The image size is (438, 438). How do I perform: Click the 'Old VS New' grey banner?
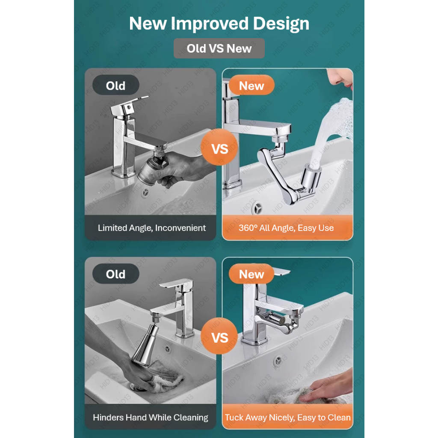(219, 48)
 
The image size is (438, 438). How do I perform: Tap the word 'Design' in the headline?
(281, 24)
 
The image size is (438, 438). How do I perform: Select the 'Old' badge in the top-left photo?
(115, 85)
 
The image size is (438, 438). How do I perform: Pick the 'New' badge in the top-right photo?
(252, 85)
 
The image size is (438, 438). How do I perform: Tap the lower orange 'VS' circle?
(219, 337)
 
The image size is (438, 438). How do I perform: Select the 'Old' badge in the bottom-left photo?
(115, 274)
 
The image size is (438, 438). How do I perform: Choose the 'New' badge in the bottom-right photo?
(252, 274)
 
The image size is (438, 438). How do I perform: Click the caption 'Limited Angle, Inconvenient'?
(152, 228)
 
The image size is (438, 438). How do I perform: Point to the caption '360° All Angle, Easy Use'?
(286, 228)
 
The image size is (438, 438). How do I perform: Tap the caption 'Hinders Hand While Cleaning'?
(151, 417)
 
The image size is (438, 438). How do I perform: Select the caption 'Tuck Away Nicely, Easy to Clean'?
(288, 417)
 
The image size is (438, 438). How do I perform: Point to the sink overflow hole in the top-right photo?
(257, 208)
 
